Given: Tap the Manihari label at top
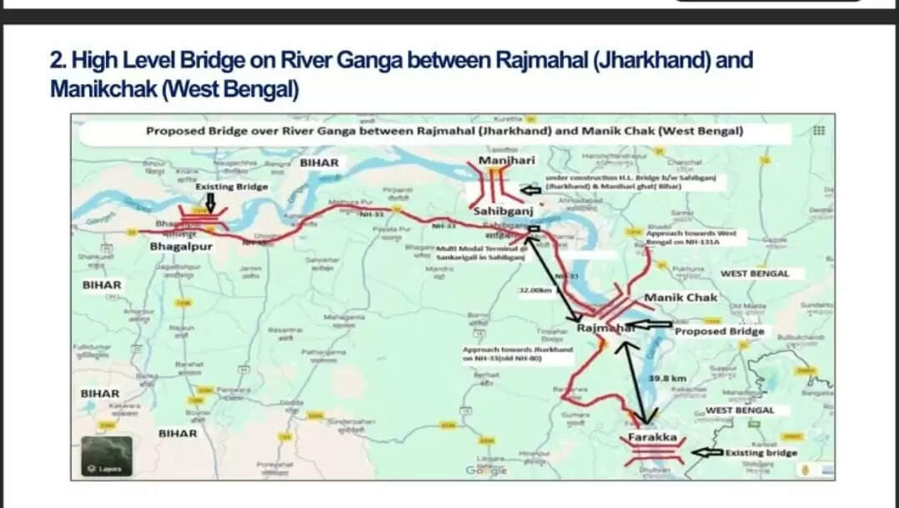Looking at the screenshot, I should (x=506, y=160).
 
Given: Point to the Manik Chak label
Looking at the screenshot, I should (x=681, y=298).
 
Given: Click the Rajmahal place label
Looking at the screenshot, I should (x=605, y=329).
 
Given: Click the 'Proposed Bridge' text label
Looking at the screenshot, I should (x=719, y=331).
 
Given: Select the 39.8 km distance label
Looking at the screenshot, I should (x=666, y=378).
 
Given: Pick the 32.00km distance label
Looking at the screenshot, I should (x=535, y=291).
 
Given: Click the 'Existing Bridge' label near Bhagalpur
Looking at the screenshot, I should (x=232, y=187).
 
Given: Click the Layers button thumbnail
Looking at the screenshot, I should (x=105, y=456).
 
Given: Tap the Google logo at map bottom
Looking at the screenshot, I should (x=486, y=471).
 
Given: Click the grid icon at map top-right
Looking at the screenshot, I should (x=818, y=131).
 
